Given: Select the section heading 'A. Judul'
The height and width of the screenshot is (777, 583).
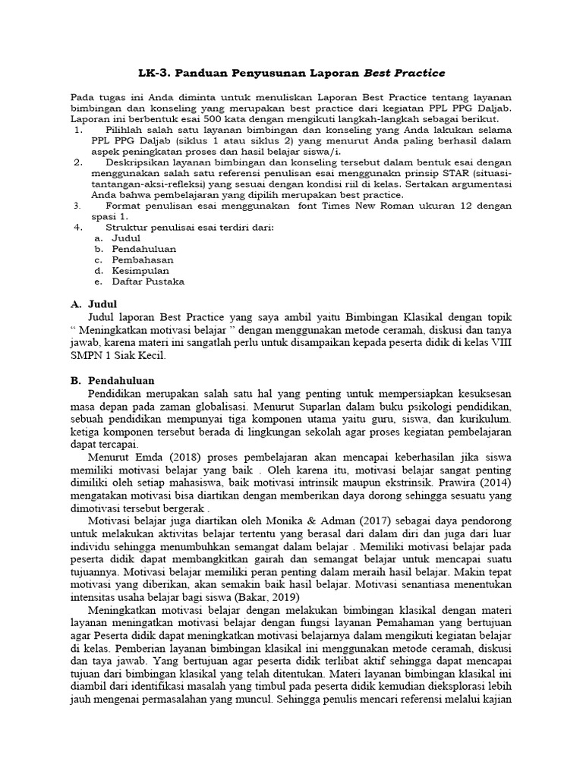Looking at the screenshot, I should (x=95, y=304).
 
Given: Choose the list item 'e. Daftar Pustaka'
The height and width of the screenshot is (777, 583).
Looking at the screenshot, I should (x=140, y=281).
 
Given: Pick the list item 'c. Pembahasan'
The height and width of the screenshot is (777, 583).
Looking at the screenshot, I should (x=136, y=260).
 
